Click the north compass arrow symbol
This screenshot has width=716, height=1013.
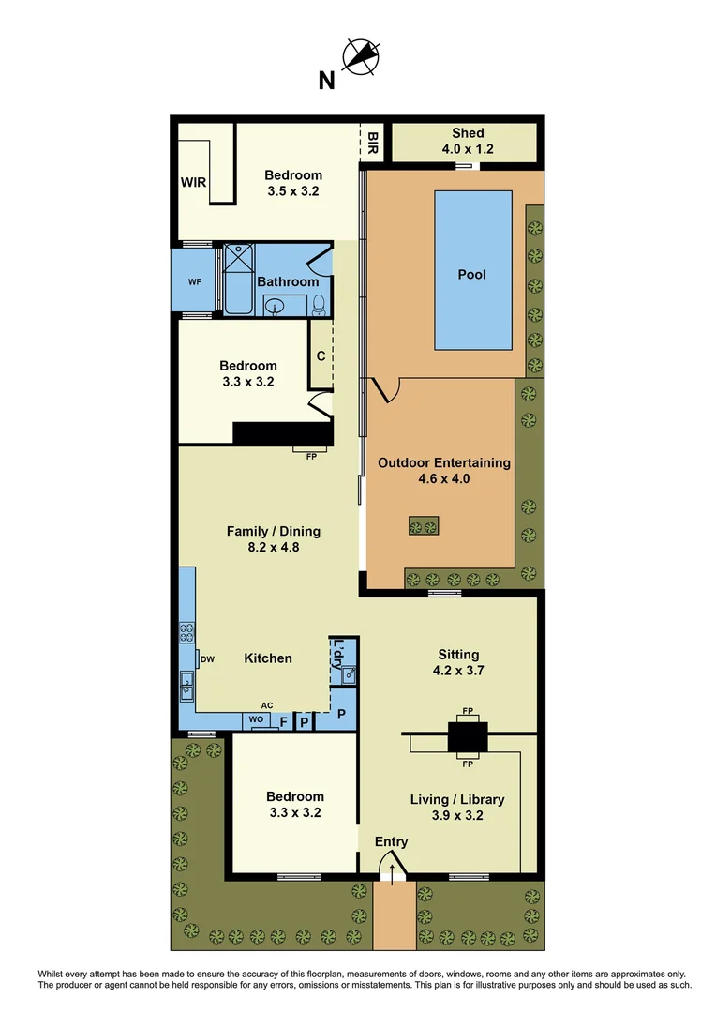coord(360,56)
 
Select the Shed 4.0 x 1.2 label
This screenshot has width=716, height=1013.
coord(467,141)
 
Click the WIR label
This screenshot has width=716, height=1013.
coord(194,181)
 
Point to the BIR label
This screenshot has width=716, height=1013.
coord(373,144)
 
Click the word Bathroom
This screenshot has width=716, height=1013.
coord(288,281)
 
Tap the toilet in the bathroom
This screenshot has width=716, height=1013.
coord(319,303)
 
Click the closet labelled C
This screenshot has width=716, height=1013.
coord(321,355)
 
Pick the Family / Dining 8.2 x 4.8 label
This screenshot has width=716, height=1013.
coord(274,538)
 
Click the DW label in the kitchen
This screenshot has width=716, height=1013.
coord(208,659)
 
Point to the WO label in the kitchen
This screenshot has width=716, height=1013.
coord(256,721)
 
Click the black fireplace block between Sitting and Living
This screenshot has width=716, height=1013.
coord(467,736)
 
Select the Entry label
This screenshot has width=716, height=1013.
coord(392,841)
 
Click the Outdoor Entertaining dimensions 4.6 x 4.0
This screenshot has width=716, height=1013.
coord(444,478)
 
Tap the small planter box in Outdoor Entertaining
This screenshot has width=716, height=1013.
coord(425,526)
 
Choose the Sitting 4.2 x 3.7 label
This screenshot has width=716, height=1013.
coord(458,662)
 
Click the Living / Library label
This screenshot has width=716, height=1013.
coord(457,799)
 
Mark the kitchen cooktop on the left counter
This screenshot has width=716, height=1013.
coord(186,632)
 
